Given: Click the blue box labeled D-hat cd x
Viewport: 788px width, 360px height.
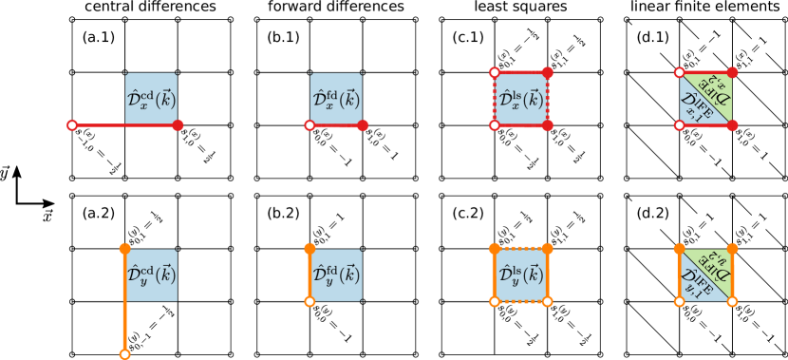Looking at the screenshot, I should pos(151,99).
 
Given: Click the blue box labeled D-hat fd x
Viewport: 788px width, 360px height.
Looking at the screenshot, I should pos(336,99).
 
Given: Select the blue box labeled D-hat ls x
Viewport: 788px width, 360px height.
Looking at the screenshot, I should pos(521,99).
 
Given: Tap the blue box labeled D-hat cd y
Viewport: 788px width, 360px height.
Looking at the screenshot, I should pos(151,275).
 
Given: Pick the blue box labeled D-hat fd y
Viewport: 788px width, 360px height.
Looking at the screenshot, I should pos(336,275).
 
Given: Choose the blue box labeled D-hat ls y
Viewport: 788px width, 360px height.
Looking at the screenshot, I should pos(521,275).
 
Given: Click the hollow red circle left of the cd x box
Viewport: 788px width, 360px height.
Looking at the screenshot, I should pos(72,125).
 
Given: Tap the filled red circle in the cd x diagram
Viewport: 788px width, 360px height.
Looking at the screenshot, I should pos(178,125).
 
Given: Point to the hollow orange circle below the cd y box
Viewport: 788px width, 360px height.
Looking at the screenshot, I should pos(124,354).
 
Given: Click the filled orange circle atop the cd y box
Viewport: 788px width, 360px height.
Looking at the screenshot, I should pos(124,249).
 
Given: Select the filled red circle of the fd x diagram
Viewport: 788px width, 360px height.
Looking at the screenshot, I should pos(363,125).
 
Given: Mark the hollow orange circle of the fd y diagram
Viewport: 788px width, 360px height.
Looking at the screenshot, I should pos(310,302).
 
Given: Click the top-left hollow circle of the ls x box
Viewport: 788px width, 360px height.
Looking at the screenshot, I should pos(495,72).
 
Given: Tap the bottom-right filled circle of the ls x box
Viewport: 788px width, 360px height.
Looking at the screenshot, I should pos(548,125).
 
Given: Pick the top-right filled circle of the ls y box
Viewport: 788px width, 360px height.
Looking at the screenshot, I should pos(548,249).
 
